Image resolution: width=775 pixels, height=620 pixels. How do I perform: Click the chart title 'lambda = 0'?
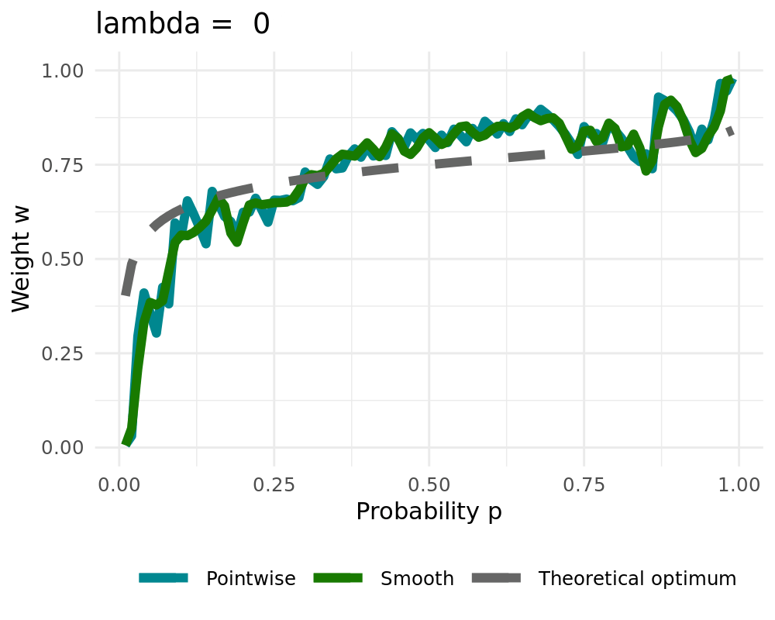point(183,24)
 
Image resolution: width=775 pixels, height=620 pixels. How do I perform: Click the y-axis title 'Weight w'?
point(22,259)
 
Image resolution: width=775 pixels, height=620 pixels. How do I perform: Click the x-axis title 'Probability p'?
point(429,511)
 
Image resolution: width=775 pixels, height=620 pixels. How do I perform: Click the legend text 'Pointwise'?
point(251,579)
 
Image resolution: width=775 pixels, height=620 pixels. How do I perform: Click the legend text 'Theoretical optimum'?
point(637,579)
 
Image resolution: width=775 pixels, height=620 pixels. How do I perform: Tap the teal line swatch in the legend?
point(164,578)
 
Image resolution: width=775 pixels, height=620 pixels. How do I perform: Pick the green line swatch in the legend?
point(338,578)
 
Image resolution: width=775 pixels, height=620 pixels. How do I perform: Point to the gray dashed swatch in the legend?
point(495,578)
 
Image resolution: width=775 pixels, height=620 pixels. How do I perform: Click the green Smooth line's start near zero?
point(126,443)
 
